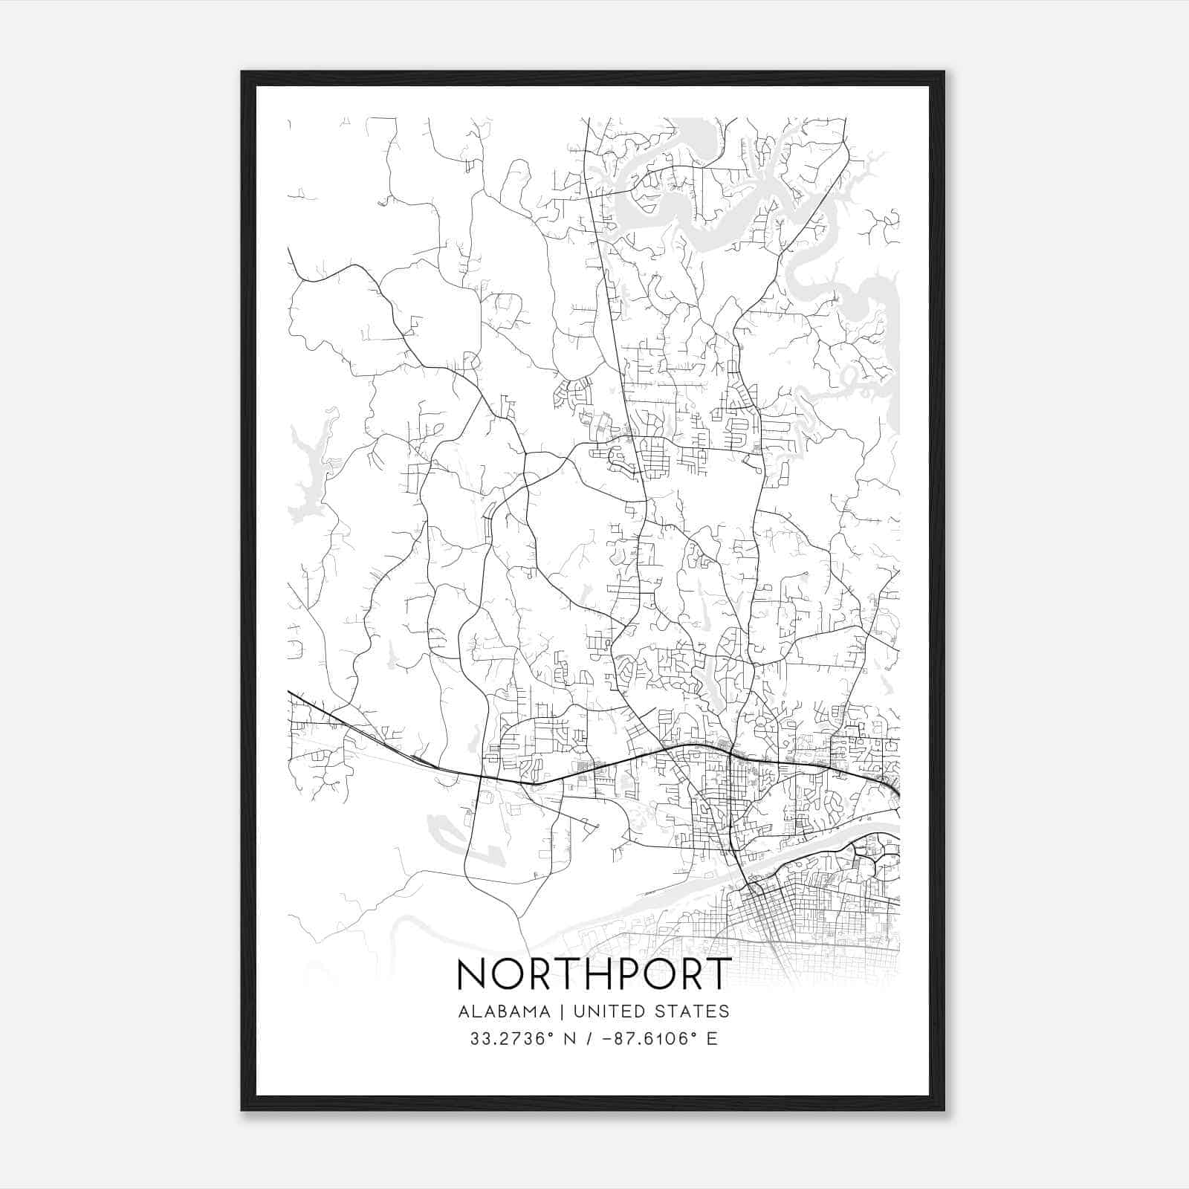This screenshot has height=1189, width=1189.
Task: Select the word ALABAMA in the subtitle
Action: [505, 1011]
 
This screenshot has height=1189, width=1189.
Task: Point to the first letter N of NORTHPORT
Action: [472, 973]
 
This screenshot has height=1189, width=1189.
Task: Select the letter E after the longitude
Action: [712, 1039]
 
